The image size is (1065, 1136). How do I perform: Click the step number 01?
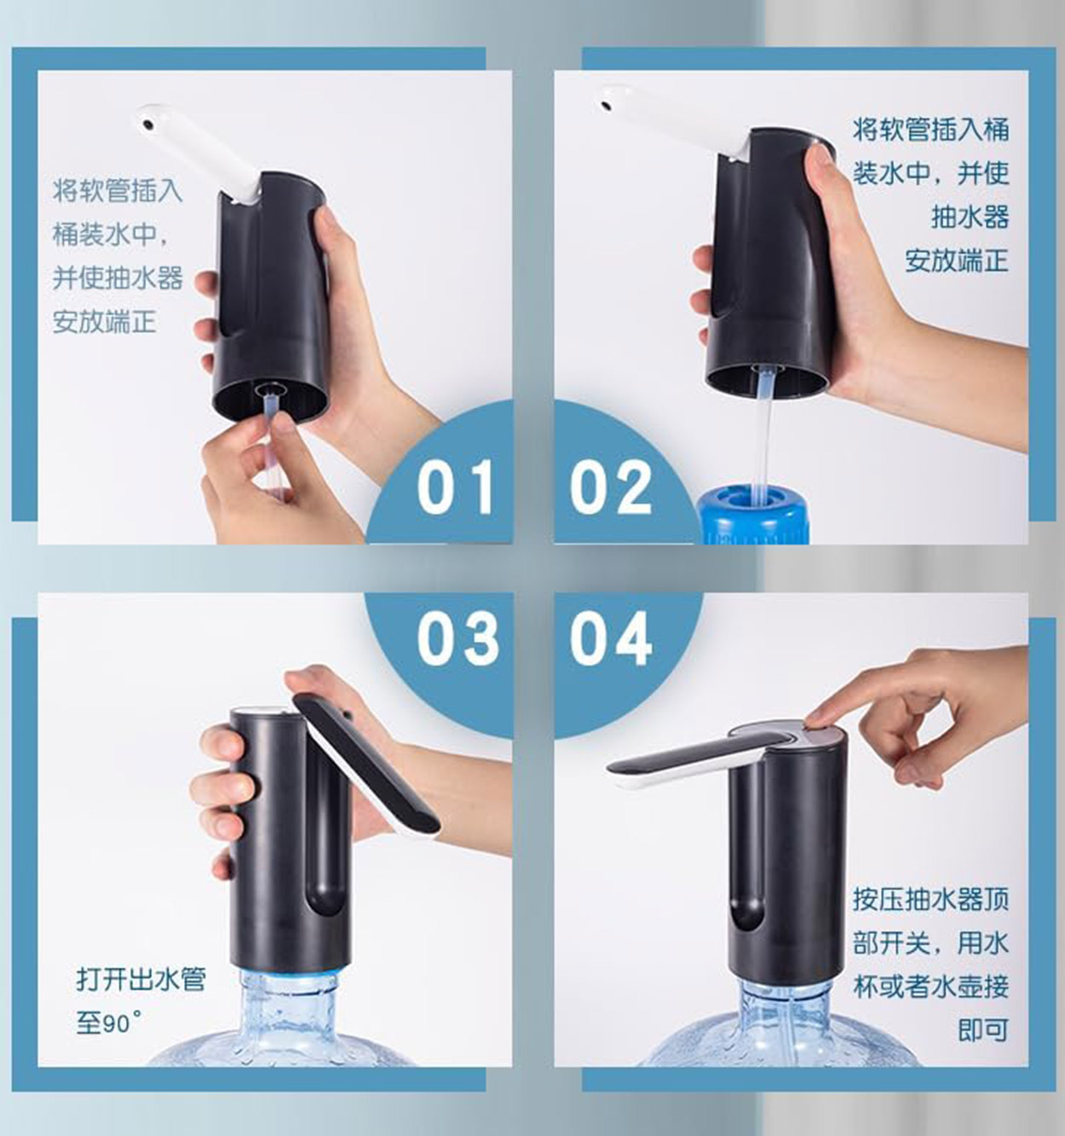click(455, 487)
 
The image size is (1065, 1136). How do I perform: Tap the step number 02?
click(610, 487)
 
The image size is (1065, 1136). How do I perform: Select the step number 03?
click(457, 637)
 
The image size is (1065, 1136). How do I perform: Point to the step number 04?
click(610, 637)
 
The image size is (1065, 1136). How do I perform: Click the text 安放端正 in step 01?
click(104, 321)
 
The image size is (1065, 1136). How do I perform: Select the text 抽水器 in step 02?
click(970, 216)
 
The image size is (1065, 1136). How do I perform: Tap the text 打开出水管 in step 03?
click(141, 978)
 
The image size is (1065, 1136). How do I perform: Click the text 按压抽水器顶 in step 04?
click(930, 898)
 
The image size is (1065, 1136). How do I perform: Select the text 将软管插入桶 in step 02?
click(930, 130)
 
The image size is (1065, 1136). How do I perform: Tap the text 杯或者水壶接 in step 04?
click(930, 985)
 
